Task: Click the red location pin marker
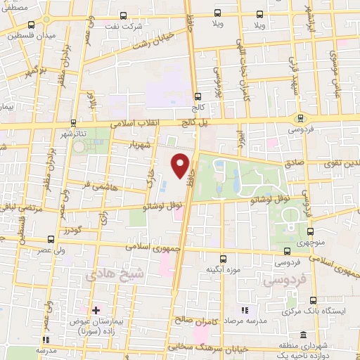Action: [181, 166]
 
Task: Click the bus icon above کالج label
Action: [198, 97]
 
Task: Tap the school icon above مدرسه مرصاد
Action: [245, 310]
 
